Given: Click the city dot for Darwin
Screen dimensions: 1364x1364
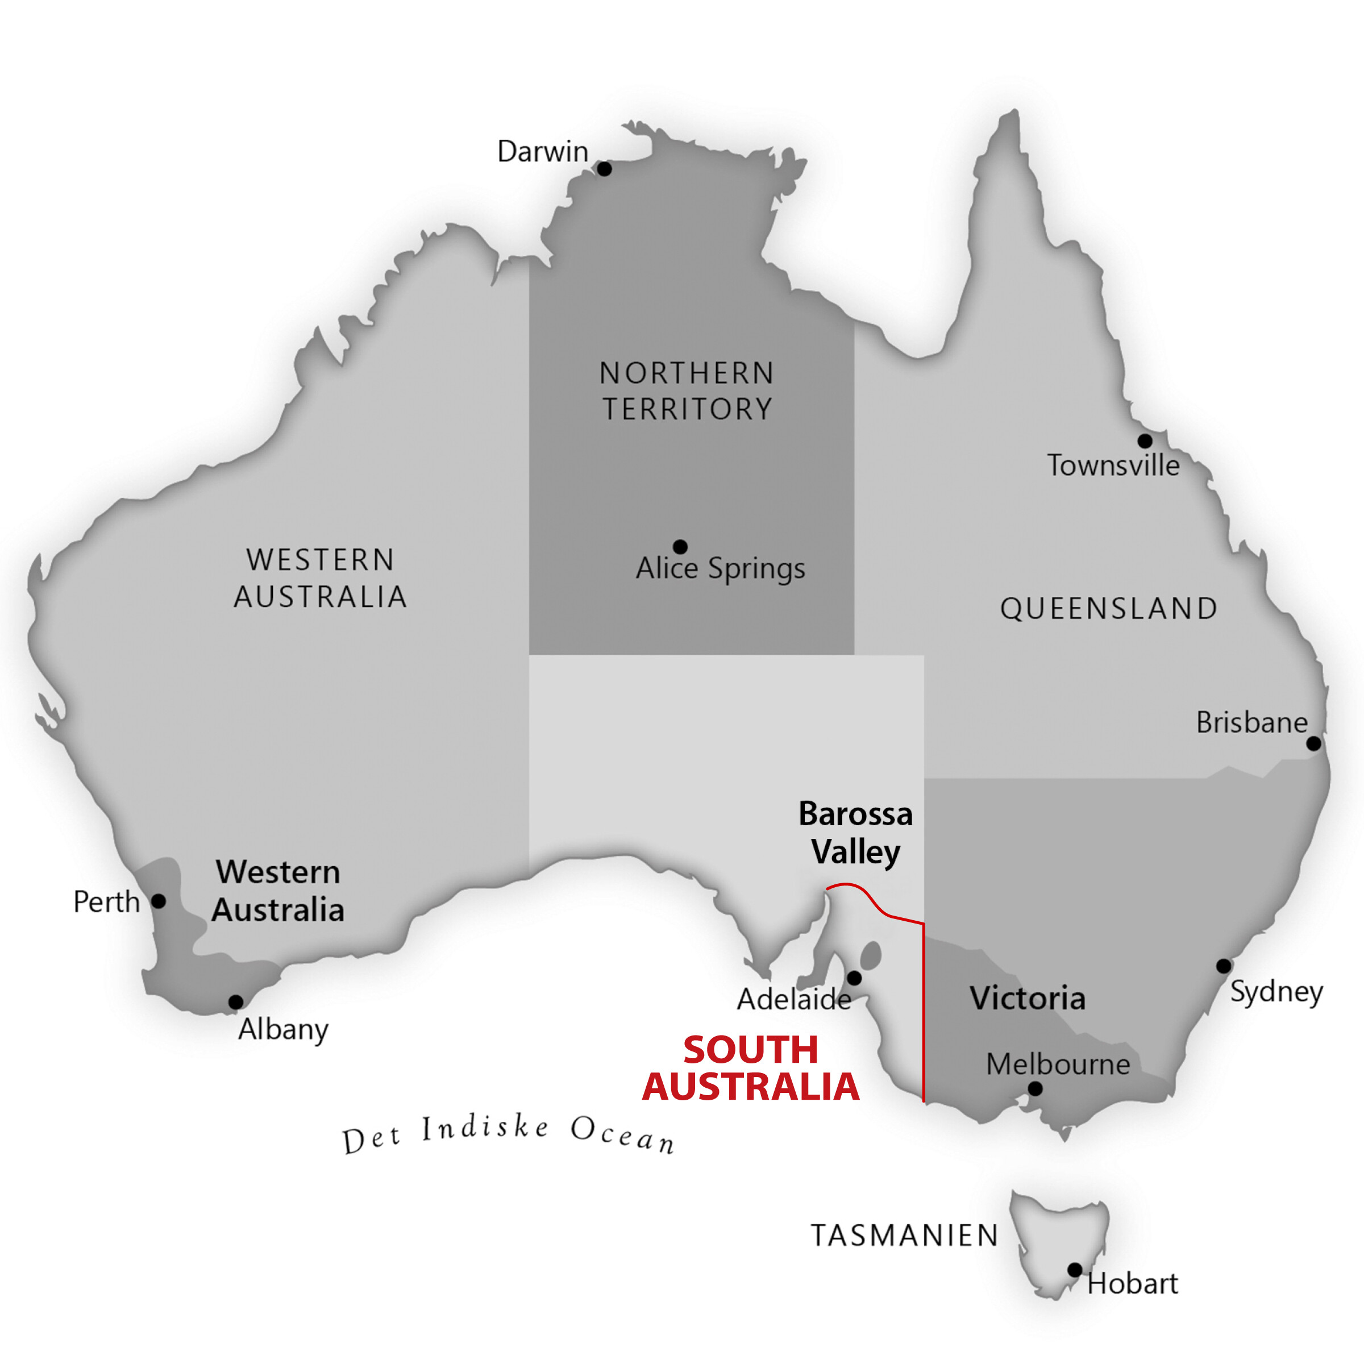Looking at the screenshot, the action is click(x=604, y=169).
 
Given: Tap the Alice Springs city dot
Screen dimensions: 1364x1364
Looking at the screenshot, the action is click(x=680, y=547).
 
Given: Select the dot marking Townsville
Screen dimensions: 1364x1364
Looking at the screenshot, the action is click(x=1145, y=441).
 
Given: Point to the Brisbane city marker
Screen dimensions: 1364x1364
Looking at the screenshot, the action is click(x=1313, y=743).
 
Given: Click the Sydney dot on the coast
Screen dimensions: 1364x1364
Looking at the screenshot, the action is click(x=1224, y=966).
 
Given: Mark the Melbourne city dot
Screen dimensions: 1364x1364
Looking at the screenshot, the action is click(x=1035, y=1089).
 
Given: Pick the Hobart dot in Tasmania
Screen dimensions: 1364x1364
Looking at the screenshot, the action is click(x=1075, y=1270).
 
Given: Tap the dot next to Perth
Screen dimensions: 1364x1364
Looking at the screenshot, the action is click(x=159, y=901).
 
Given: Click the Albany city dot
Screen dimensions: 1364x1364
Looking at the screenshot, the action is click(x=236, y=1002).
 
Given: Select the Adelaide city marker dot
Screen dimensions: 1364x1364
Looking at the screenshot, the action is click(x=854, y=978).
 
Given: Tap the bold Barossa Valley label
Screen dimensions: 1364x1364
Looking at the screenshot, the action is click(x=856, y=833).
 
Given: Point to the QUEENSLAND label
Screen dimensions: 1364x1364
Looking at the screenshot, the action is click(x=1108, y=609).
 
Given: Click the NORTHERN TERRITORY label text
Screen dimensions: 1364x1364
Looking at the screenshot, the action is click(x=687, y=391).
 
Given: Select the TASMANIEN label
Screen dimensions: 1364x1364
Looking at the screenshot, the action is click(x=904, y=1236).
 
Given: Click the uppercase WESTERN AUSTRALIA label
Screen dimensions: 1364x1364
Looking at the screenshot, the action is click(x=321, y=578).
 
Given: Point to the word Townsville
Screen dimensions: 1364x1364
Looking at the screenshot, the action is click(x=1113, y=466).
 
